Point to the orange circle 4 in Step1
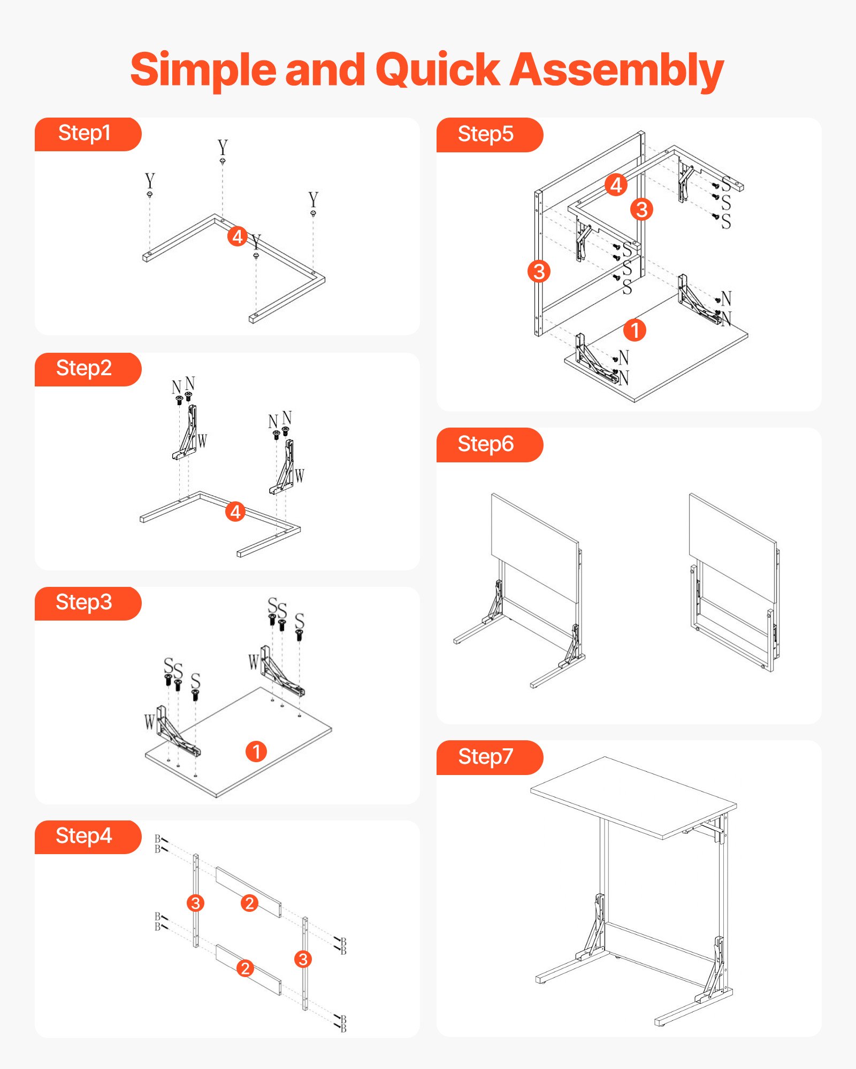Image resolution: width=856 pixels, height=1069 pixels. (238, 236)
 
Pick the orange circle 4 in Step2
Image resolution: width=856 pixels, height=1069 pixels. (235, 512)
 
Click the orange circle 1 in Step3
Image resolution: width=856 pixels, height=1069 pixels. (256, 752)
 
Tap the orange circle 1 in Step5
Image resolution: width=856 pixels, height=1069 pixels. (635, 330)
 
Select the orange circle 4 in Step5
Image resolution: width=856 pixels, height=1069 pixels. (616, 185)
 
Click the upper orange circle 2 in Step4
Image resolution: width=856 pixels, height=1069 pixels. (249, 903)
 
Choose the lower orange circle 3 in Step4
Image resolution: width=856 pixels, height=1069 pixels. (303, 959)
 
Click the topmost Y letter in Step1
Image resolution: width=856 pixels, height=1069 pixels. (223, 147)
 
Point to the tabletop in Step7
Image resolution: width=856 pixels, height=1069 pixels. (631, 796)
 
